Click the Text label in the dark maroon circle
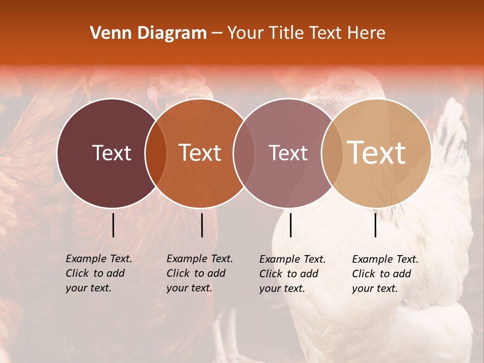tap(111, 153)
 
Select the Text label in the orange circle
tap(200, 153)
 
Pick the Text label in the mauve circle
tap(288, 153)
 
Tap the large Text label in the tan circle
tap(377, 153)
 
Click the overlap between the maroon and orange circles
tap(156, 153)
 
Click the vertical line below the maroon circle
tap(113, 225)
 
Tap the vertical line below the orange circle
tap(202, 225)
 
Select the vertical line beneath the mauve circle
tap(291, 225)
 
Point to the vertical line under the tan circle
tap(376, 225)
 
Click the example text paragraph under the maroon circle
tap(98, 273)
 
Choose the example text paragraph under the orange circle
tap(199, 273)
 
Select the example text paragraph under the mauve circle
tap(292, 274)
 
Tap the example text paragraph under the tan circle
tap(385, 274)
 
